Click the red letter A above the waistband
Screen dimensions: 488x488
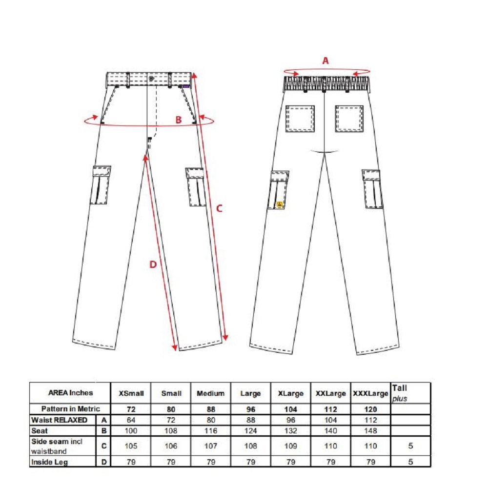point(325,61)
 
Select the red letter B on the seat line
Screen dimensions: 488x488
point(178,120)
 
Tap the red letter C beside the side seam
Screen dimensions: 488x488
point(219,208)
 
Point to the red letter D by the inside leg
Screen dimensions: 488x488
point(153,264)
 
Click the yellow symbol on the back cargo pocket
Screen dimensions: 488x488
point(280,204)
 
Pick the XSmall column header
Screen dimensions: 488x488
point(131,393)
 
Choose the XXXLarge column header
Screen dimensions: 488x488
point(370,394)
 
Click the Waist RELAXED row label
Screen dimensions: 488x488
point(59,420)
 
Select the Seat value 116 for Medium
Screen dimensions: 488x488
point(211,431)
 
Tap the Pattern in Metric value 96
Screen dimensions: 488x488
point(251,409)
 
